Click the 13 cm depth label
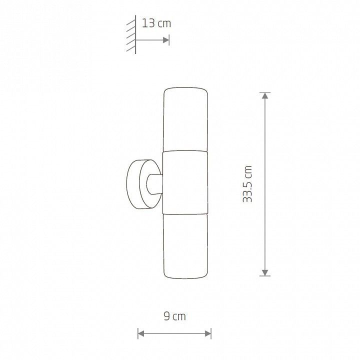click(x=156, y=23)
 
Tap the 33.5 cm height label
click(x=247, y=184)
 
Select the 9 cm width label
click(x=174, y=316)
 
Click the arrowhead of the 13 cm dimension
click(x=166, y=40)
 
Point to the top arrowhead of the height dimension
click(x=265, y=95)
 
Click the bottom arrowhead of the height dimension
click(x=265, y=272)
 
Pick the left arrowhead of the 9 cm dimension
click(x=141, y=333)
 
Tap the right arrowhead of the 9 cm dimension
click(x=208, y=333)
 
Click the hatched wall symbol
click(x=131, y=34)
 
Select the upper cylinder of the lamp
click(x=185, y=119)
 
